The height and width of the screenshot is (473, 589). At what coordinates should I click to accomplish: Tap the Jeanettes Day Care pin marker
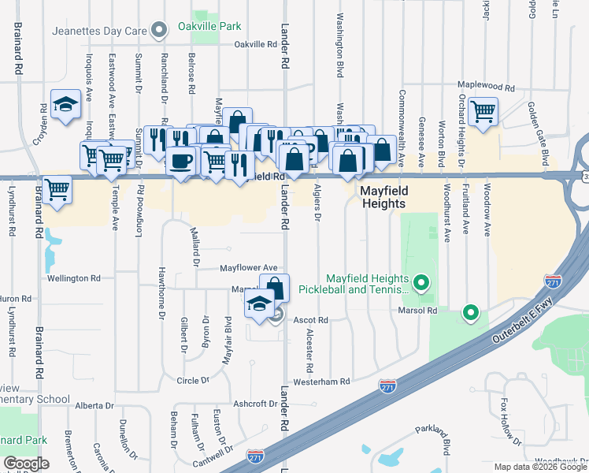(x=160, y=31)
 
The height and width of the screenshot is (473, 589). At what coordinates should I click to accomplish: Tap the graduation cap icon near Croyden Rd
(x=66, y=104)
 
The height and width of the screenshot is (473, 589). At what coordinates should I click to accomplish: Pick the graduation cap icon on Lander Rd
(x=258, y=303)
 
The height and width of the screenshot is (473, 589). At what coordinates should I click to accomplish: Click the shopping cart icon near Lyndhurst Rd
(x=57, y=190)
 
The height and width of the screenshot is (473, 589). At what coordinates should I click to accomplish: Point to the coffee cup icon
(x=180, y=161)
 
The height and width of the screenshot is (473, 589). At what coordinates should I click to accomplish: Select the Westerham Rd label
(x=320, y=382)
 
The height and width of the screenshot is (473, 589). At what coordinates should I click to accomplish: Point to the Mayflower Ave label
(x=249, y=268)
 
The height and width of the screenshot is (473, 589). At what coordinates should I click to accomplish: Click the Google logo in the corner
(x=26, y=464)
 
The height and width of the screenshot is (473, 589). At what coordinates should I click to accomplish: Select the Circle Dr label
(x=194, y=380)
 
